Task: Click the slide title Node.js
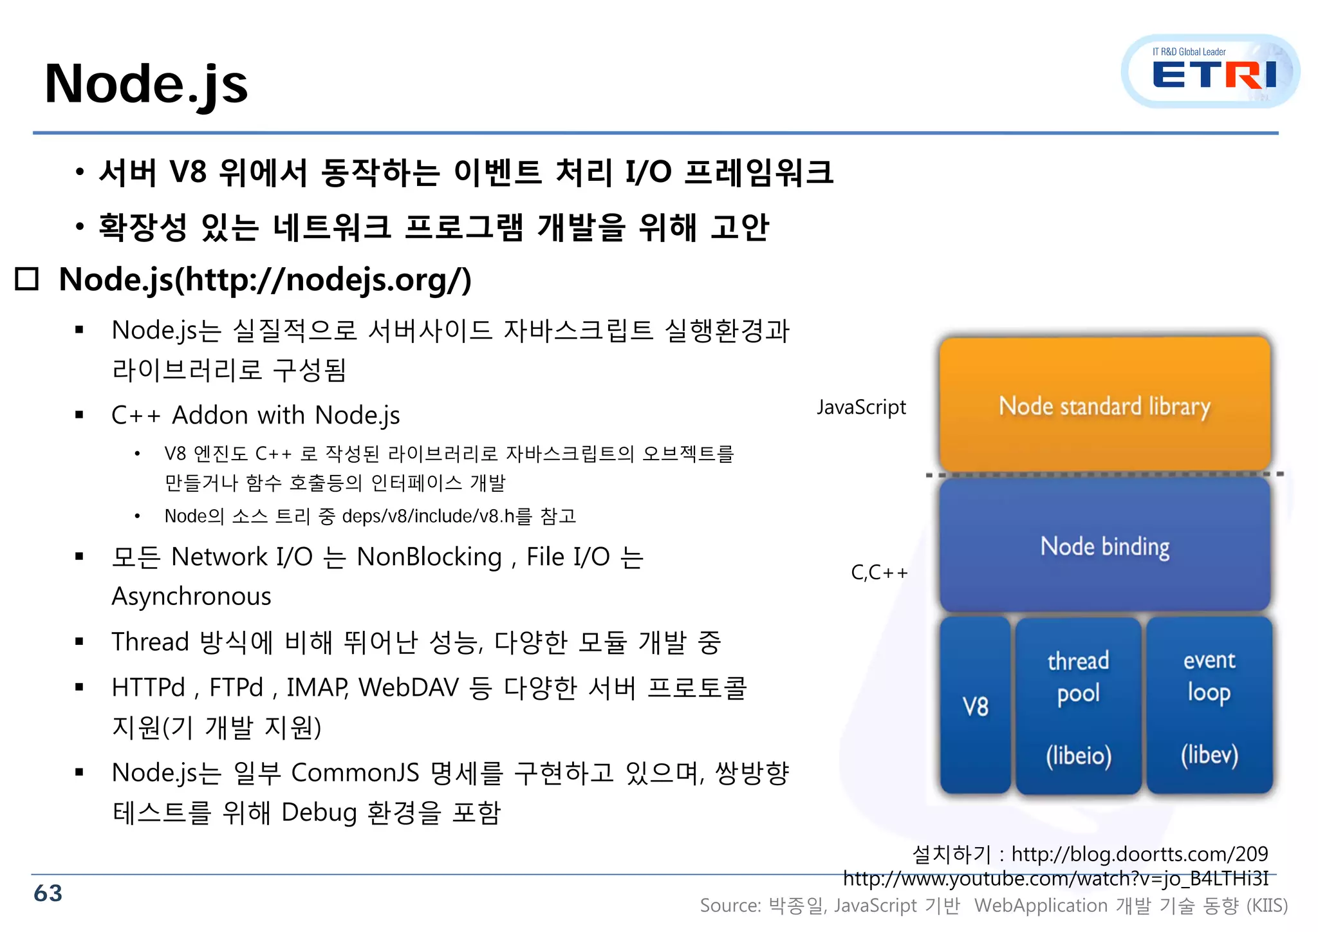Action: (147, 84)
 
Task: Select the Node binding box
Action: (1104, 546)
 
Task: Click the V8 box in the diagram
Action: (975, 706)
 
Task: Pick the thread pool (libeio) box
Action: (1078, 706)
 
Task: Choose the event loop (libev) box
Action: (1209, 706)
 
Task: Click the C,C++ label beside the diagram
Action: (878, 572)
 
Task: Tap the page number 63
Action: (48, 893)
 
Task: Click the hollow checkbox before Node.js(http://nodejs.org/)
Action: (27, 279)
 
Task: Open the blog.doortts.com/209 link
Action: (1139, 854)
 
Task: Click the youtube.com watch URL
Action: (1055, 879)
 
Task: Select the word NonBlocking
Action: (429, 557)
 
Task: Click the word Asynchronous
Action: (191, 597)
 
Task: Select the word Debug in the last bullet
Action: (319, 812)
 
